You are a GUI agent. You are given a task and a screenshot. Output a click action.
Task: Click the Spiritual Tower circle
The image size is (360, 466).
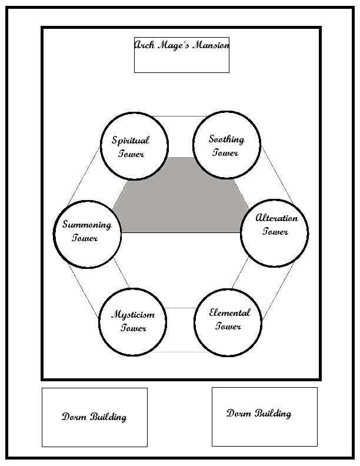coord(134,146)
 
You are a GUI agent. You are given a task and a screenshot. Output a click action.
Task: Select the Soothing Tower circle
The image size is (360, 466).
coord(227,145)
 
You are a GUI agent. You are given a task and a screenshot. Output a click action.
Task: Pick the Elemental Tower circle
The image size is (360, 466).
coord(228,322)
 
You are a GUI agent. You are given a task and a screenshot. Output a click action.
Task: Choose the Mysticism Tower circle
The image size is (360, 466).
coord(133,322)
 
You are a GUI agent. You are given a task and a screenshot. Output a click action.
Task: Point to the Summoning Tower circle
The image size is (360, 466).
coord(87,234)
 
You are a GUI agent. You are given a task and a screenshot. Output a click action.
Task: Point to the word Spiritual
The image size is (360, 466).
coord(131,141)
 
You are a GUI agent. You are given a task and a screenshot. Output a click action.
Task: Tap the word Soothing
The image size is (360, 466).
coord(226,139)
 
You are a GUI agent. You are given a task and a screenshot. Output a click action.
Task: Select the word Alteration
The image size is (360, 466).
coord(276,218)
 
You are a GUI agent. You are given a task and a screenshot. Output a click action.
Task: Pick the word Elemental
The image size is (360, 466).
coord(229,313)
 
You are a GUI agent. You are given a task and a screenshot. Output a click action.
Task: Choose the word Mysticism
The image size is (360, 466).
coord(133,314)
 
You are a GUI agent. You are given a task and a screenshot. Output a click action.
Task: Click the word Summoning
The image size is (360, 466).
coord(86,225)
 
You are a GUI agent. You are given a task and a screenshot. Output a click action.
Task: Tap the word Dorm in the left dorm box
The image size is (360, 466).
coord(75,417)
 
